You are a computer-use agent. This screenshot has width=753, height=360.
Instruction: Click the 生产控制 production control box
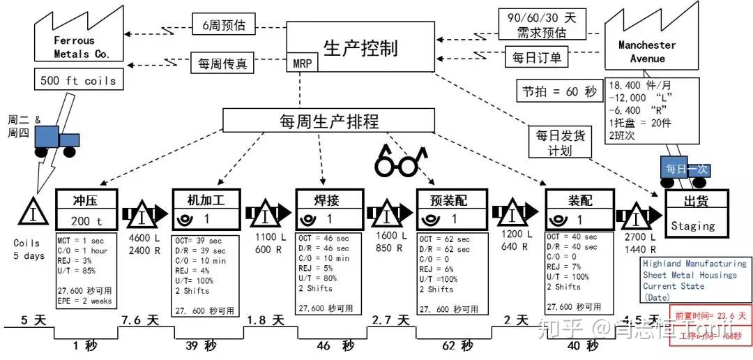click(x=360, y=48)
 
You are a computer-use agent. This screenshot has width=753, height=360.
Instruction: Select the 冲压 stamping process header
click(x=86, y=200)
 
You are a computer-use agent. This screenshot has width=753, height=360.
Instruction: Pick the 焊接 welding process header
click(x=327, y=199)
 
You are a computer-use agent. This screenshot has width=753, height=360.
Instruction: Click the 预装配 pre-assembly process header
click(x=450, y=199)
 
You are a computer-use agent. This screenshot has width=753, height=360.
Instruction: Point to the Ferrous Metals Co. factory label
click(x=73, y=47)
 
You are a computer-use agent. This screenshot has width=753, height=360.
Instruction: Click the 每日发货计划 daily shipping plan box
click(x=560, y=143)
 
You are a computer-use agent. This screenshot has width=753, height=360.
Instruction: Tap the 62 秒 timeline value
click(x=457, y=345)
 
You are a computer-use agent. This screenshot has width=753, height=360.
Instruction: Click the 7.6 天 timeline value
click(x=139, y=320)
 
